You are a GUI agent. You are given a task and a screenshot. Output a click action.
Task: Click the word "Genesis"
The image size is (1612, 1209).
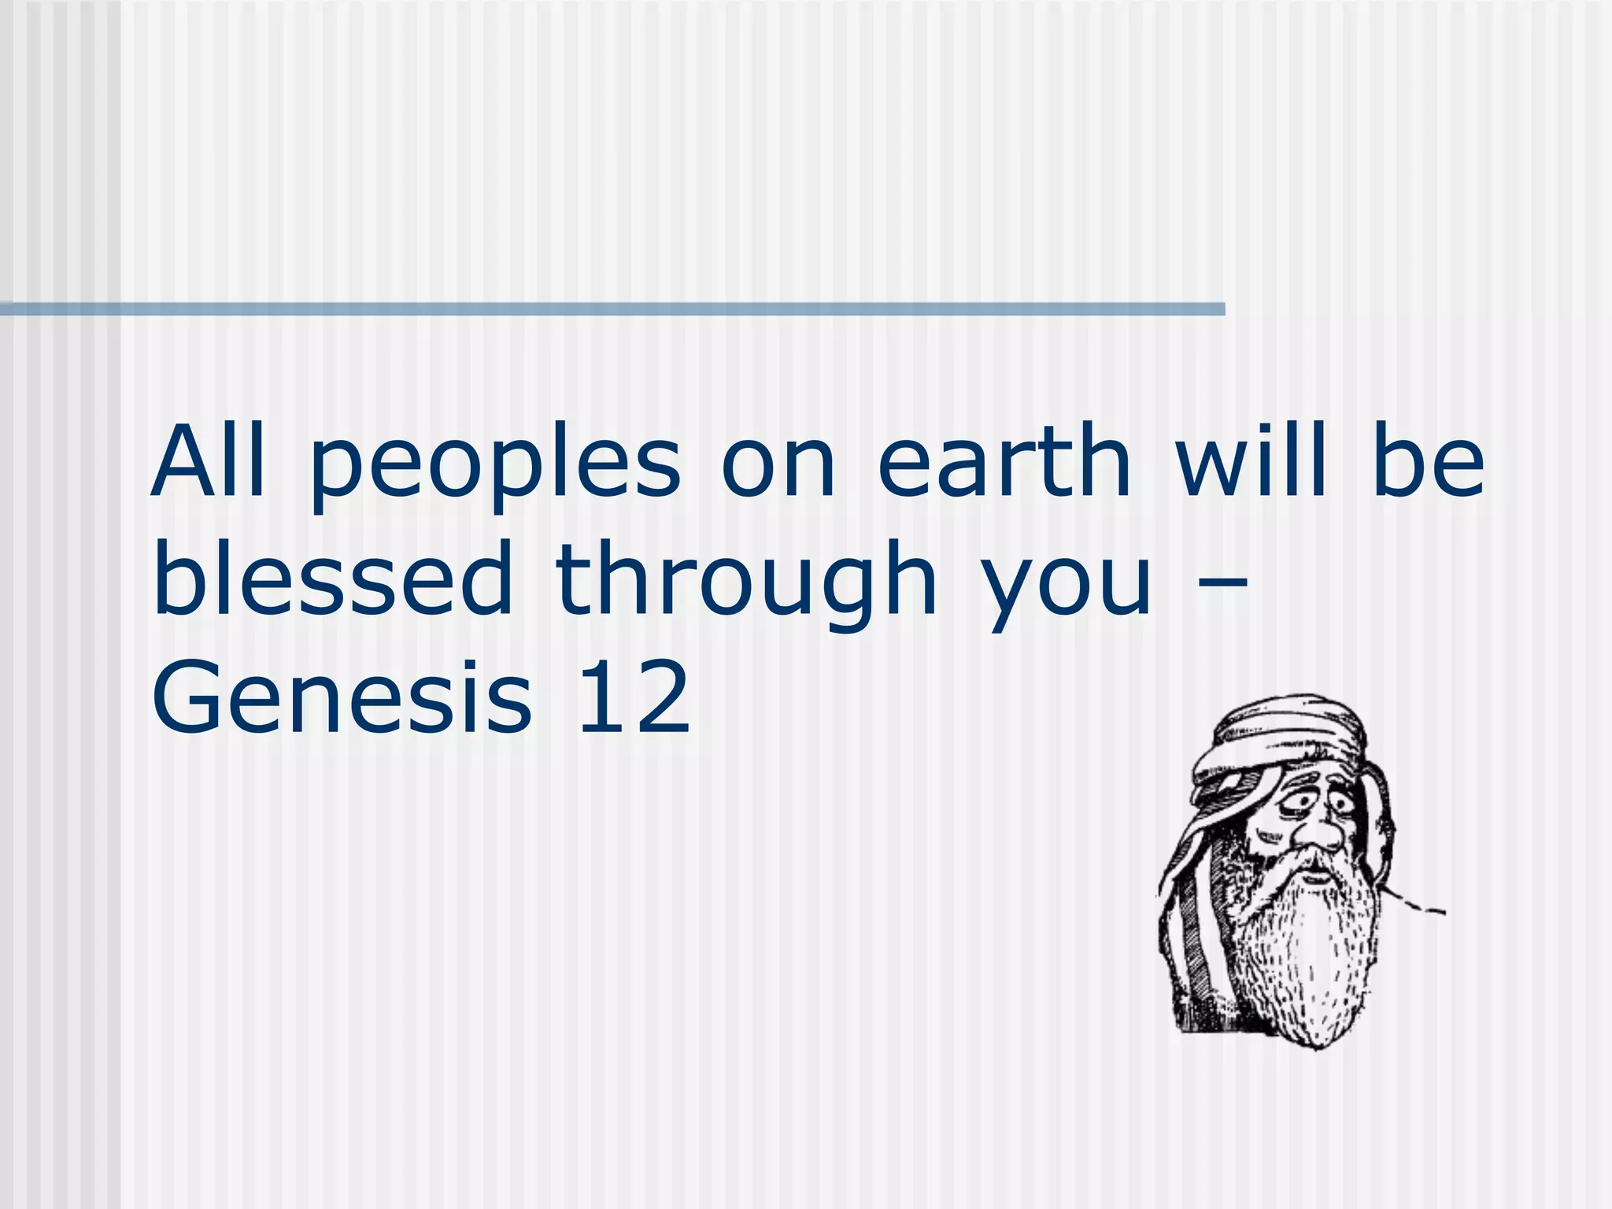[x=342, y=697]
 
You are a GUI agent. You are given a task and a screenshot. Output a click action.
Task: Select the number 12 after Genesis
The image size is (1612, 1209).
[x=634, y=697]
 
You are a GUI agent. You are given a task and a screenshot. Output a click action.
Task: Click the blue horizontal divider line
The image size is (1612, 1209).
[x=612, y=309]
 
